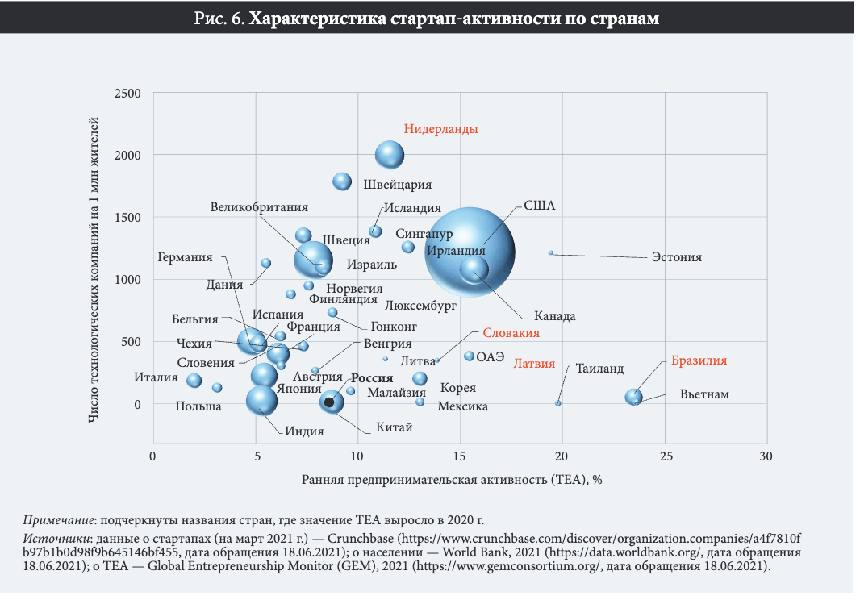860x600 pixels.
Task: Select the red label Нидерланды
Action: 440,129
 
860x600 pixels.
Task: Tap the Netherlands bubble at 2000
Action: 390,154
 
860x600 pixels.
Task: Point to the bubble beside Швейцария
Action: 342,181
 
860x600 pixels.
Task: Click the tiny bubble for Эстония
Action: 551,252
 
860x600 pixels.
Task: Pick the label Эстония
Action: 676,258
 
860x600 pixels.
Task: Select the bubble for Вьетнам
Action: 634,396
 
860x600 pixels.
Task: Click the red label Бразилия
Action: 699,361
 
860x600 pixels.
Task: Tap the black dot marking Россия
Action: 329,401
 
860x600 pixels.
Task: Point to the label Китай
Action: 395,427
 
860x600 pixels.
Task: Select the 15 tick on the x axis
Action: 460,456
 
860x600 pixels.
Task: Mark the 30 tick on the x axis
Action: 766,456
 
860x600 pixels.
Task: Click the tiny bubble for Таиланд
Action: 557,402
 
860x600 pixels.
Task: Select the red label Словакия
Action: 511,333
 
